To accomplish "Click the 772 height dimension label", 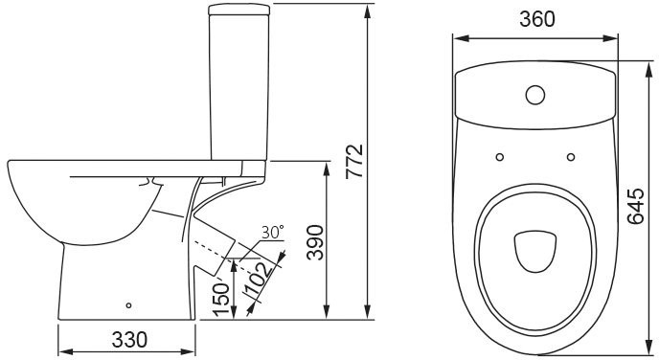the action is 354,161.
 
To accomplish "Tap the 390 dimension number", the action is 315,242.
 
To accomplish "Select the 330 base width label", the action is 129,340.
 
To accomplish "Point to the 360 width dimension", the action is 537,19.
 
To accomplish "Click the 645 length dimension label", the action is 635,206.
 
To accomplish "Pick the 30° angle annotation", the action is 272,232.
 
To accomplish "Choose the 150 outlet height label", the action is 221,299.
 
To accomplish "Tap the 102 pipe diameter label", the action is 258,279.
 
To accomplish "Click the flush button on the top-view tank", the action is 535,95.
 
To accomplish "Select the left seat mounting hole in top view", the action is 500,157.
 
